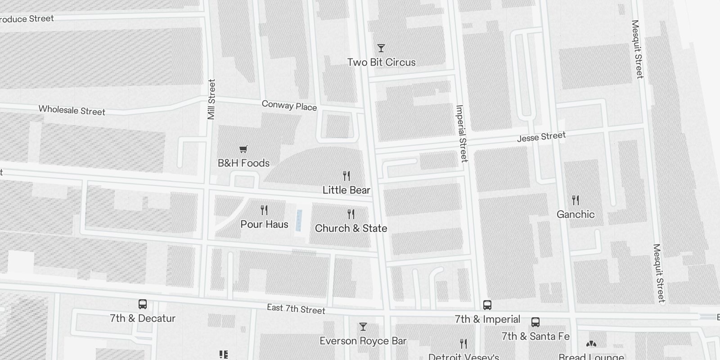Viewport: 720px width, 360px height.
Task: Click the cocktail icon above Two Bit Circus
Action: pyautogui.click(x=381, y=48)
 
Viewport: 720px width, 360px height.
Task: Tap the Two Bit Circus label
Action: pyautogui.click(x=381, y=63)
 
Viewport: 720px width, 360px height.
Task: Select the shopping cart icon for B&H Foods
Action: pyautogui.click(x=243, y=149)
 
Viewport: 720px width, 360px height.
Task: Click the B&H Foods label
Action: pyautogui.click(x=243, y=163)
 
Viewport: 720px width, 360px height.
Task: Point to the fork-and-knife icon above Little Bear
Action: pyautogui.click(x=346, y=175)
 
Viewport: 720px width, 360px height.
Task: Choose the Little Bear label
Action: pyautogui.click(x=346, y=190)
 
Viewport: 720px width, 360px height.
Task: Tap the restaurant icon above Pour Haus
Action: pyautogui.click(x=264, y=210)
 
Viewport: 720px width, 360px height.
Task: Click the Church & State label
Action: pyautogui.click(x=351, y=228)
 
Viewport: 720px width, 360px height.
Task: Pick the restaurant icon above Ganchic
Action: pyautogui.click(x=576, y=200)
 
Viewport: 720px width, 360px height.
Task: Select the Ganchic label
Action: pyautogui.click(x=576, y=214)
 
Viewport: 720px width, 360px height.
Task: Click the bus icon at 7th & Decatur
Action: pyautogui.click(x=143, y=304)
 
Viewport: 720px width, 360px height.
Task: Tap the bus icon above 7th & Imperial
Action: pyautogui.click(x=487, y=305)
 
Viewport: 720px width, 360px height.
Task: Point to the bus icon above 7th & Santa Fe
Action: pyautogui.click(x=535, y=322)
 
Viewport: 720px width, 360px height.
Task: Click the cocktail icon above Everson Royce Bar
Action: pyautogui.click(x=363, y=327)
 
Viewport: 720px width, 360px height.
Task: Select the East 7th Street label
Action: pyautogui.click(x=296, y=309)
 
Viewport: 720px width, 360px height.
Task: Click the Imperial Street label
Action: pyautogui.click(x=462, y=133)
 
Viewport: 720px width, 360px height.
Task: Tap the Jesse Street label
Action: pyautogui.click(x=541, y=137)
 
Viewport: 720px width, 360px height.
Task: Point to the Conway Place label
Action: pyautogui.click(x=289, y=106)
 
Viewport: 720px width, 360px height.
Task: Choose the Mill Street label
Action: pyautogui.click(x=211, y=99)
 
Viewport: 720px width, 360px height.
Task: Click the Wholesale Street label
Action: pyautogui.click(x=72, y=110)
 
